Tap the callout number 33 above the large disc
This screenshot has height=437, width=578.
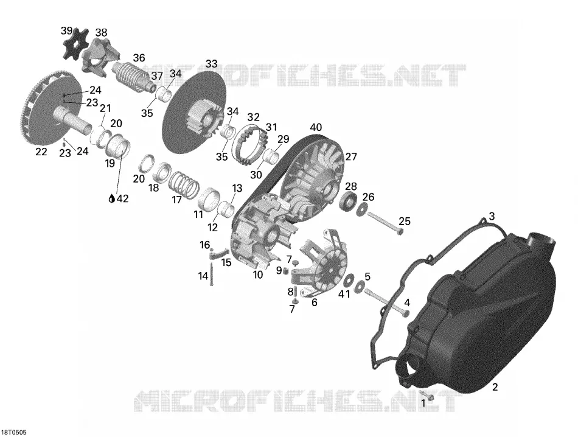coord(211,64)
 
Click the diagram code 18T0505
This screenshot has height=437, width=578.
coord(15,432)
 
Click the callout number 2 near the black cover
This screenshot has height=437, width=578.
coord(495,387)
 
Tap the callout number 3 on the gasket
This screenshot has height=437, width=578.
coord(492,216)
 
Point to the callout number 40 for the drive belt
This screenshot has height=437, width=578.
coord(316,128)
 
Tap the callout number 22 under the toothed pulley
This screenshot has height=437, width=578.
coord(41,152)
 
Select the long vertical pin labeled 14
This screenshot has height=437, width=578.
coord(212,274)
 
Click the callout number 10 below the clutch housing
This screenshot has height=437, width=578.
coord(258,274)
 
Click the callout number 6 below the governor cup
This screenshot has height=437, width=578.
coord(315,302)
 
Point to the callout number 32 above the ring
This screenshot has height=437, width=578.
coord(253,117)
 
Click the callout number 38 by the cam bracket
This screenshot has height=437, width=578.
coord(102,32)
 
